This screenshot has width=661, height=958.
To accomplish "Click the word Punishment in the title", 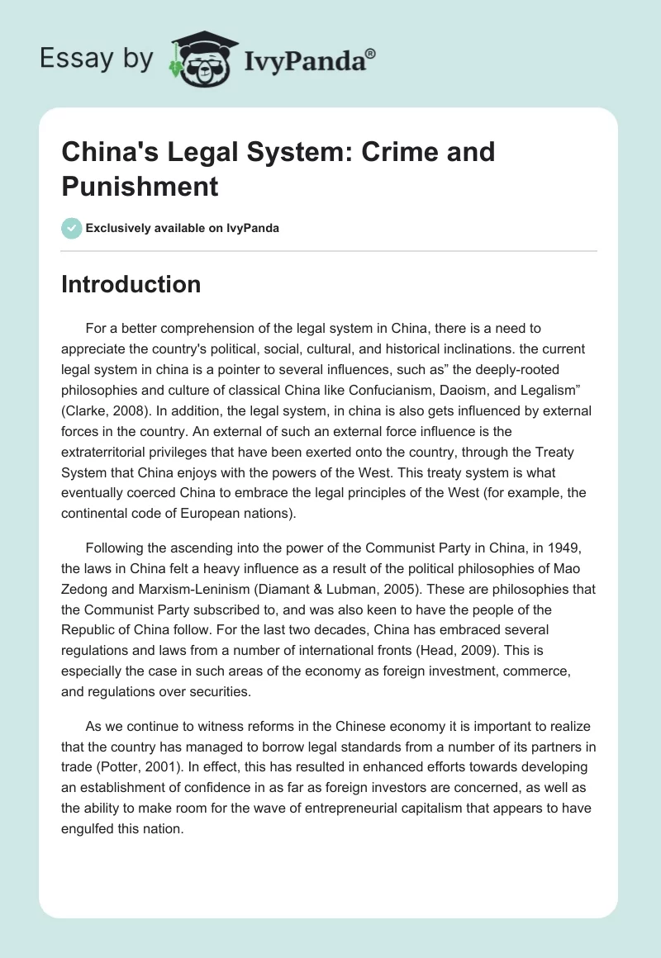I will pos(140,186).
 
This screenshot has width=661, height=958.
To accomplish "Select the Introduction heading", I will pos(131,284).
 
